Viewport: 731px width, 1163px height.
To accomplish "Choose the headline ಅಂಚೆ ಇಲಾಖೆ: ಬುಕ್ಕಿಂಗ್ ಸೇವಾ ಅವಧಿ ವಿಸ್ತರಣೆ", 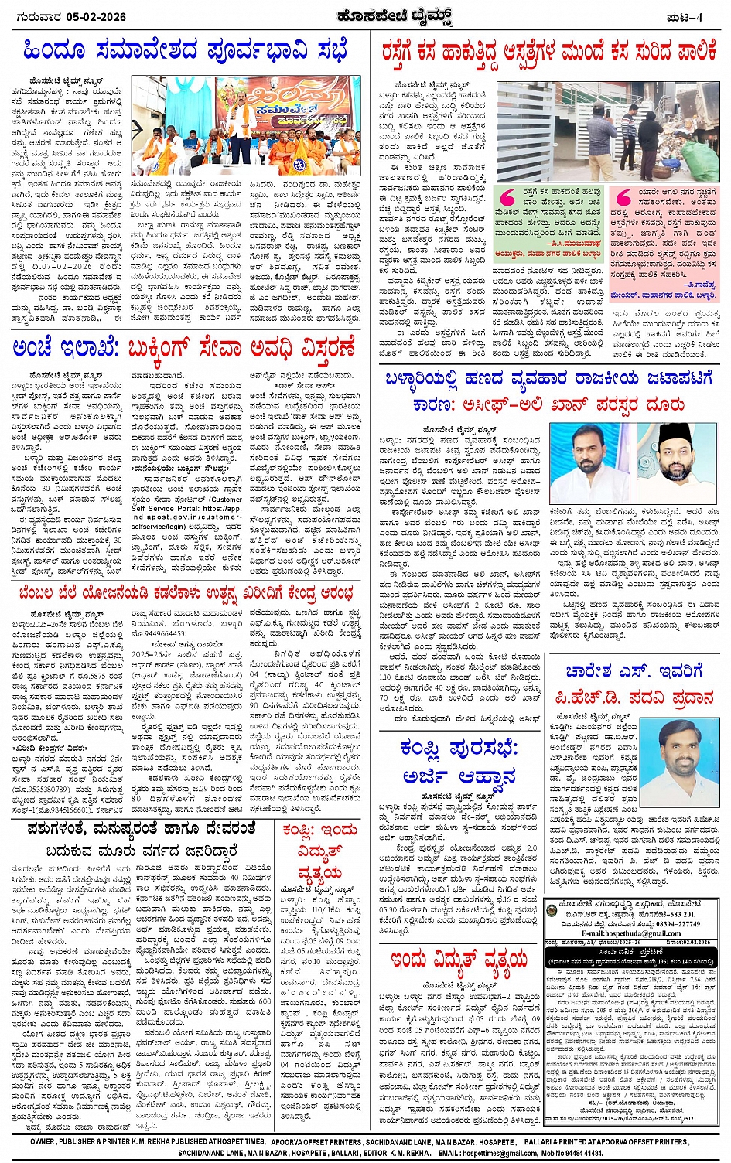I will click(x=184, y=346).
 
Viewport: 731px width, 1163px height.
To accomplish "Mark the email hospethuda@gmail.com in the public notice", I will click(x=632, y=933).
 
